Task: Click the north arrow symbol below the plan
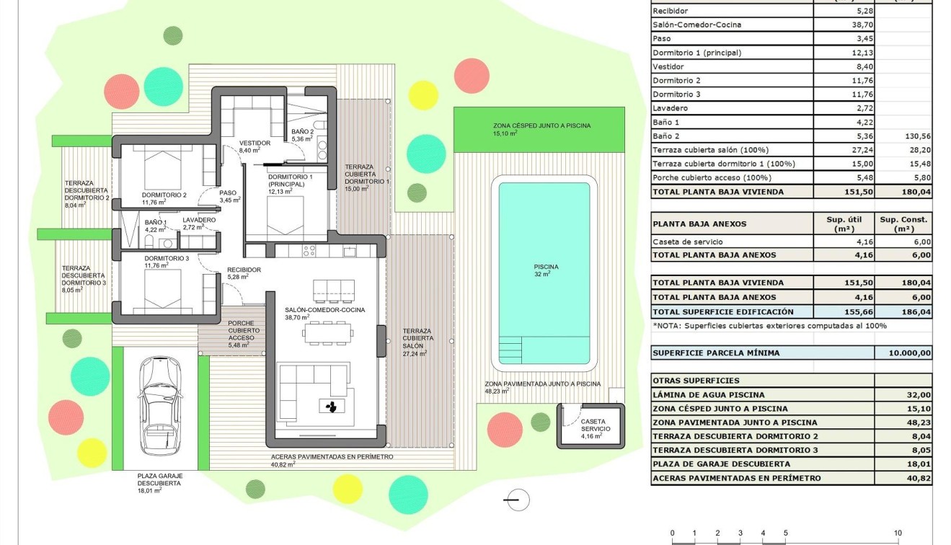516,500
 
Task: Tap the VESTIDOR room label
255,143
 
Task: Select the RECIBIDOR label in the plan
244,270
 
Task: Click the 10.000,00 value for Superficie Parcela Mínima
903,353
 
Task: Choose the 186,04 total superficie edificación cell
903,312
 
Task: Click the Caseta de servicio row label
687,242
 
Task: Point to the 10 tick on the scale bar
898,533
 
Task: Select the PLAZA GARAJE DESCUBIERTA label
160,480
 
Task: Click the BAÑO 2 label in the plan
302,132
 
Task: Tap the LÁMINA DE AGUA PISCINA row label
708,395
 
